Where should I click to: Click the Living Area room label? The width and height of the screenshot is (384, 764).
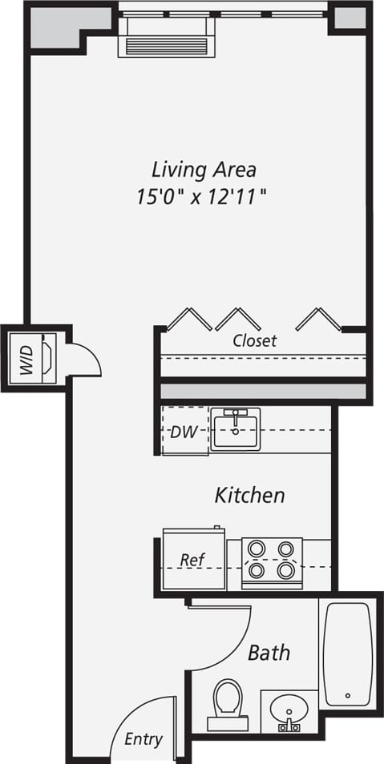pyautogui.click(x=204, y=170)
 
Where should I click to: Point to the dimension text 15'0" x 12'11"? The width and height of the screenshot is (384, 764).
pyautogui.click(x=200, y=195)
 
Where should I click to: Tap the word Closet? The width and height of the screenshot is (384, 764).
pyautogui.click(x=255, y=340)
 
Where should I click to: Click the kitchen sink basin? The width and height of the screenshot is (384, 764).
pyautogui.click(x=236, y=428)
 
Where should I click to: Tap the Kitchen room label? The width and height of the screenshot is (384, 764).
pyautogui.click(x=249, y=496)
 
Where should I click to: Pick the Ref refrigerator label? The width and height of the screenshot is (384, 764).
pyautogui.click(x=191, y=560)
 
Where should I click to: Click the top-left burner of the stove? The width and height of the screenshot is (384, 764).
pyautogui.click(x=257, y=549)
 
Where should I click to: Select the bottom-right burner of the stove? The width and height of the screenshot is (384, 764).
pyautogui.click(x=285, y=570)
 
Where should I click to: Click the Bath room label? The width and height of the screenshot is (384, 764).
pyautogui.click(x=269, y=653)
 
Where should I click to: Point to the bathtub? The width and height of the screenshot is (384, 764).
pyautogui.click(x=348, y=653)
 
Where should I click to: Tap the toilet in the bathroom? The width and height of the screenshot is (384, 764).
pyautogui.click(x=228, y=703)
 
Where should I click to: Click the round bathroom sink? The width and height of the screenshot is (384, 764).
pyautogui.click(x=288, y=708)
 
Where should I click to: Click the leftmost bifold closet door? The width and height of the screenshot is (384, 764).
pyautogui.click(x=189, y=319)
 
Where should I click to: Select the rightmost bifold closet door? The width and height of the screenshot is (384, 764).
pyautogui.click(x=318, y=319)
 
